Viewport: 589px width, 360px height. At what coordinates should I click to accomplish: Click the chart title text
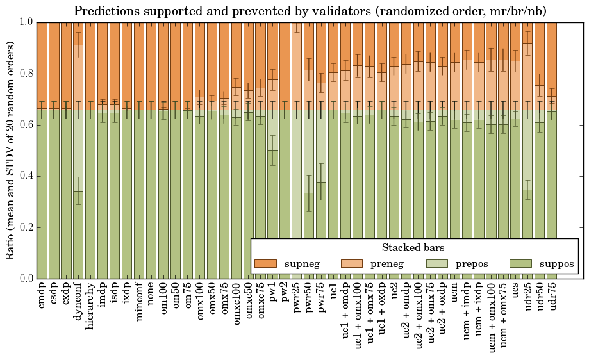click(310, 11)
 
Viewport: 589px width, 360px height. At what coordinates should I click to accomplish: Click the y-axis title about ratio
click(11, 150)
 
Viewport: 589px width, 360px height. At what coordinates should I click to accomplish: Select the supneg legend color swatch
click(265, 264)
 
